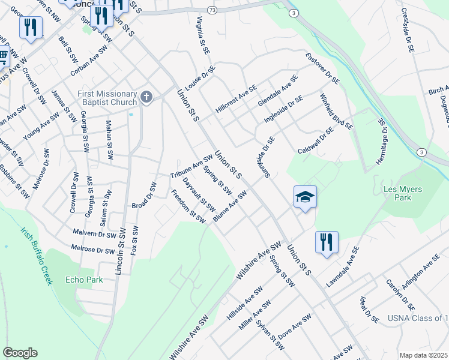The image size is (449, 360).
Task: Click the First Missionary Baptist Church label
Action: (x=107, y=97)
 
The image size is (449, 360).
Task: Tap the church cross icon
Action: (x=146, y=97)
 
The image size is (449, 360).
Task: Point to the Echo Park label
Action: (x=84, y=280)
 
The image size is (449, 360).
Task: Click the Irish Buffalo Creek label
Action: (x=37, y=255)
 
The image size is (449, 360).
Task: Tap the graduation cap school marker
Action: (x=305, y=197)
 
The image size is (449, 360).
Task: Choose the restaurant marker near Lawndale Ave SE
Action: (x=327, y=242)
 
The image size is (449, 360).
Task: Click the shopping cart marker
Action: (x=3, y=56)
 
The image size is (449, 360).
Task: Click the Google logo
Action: (x=20, y=353)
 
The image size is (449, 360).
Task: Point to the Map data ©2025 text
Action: (x=424, y=355)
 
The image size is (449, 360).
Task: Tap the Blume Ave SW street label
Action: (x=230, y=208)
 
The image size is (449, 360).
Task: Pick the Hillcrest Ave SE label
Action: (x=236, y=100)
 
